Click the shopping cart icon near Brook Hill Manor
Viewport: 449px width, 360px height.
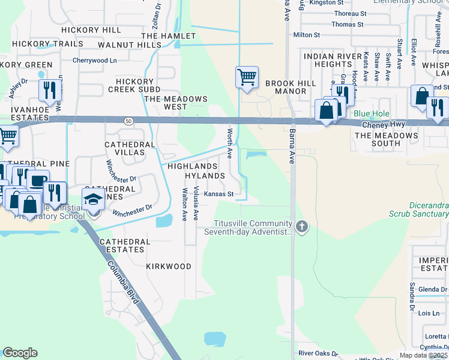[247, 77]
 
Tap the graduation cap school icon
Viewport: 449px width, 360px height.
[93, 199]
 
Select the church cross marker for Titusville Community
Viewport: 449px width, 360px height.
[302, 227]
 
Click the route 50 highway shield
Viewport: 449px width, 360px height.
[129, 121]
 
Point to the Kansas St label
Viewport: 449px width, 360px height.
[218, 194]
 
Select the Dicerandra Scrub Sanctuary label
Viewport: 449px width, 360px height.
[429, 209]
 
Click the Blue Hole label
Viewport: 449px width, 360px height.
[372, 113]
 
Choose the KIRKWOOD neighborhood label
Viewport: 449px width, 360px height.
[169, 266]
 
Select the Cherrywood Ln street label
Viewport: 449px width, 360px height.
[94, 61]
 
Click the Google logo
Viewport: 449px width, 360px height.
[20, 353]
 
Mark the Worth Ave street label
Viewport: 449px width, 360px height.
[229, 143]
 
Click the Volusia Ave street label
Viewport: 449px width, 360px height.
[196, 203]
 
